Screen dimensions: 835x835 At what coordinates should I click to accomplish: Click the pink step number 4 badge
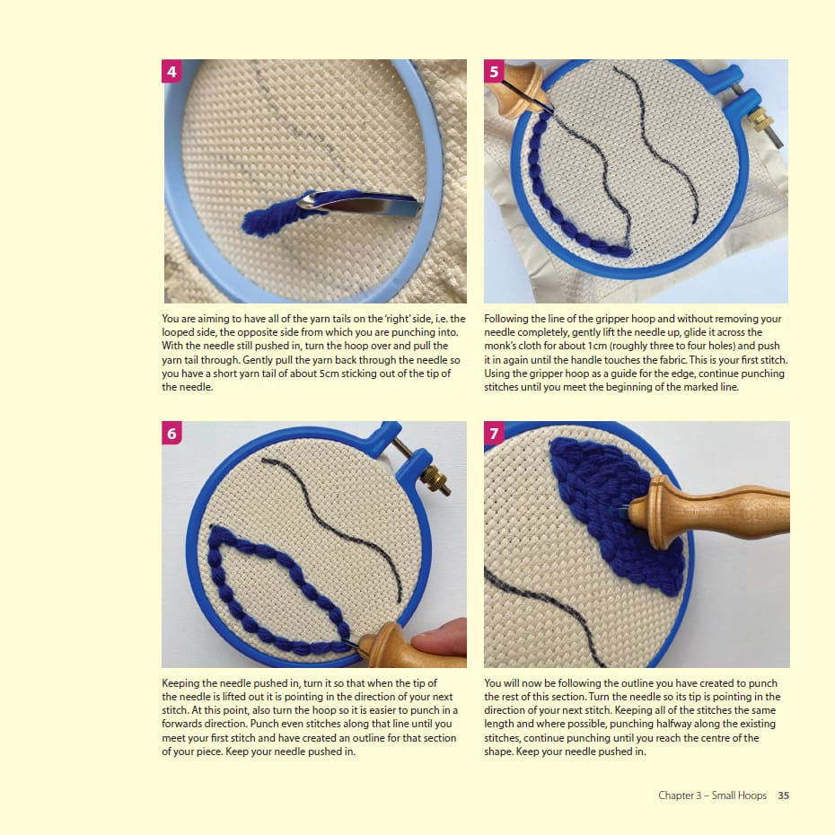pyautogui.click(x=171, y=71)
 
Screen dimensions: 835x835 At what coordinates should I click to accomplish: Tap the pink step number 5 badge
pyautogui.click(x=494, y=71)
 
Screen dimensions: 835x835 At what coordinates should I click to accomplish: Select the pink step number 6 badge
pyautogui.click(x=171, y=433)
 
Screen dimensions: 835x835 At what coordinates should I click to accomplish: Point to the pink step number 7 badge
pyautogui.click(x=494, y=433)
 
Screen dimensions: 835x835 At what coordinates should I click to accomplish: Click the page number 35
pyautogui.click(x=783, y=795)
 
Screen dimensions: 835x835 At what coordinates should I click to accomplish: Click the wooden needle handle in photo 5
pyautogui.click(x=514, y=86)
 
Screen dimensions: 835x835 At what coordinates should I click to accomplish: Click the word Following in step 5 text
pyautogui.click(x=506, y=319)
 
